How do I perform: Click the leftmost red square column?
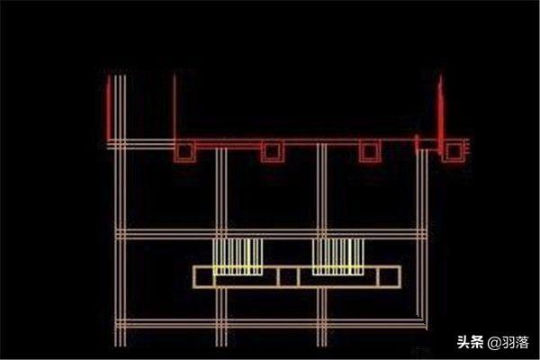pos(184,151)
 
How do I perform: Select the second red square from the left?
pos(273,151)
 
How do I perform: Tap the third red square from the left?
pos(370,151)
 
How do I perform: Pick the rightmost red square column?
pos(454,151)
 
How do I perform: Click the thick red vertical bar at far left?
pos(109,107)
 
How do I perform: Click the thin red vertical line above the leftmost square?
pos(175,106)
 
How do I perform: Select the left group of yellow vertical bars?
pos(238,256)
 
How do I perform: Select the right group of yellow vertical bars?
pos(338,256)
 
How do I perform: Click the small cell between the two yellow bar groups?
pos(288,276)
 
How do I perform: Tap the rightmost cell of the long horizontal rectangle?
pos(390,276)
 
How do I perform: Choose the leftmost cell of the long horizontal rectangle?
pos(204,276)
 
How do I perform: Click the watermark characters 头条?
pos(470,342)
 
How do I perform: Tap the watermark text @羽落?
pos(508,342)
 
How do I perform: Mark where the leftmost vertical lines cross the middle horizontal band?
pos(121,234)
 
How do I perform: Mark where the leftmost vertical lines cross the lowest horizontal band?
pos(121,324)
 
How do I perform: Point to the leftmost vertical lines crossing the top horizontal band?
pos(121,144)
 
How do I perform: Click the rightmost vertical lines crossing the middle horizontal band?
pos(422,234)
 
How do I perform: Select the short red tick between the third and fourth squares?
pos(417,144)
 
